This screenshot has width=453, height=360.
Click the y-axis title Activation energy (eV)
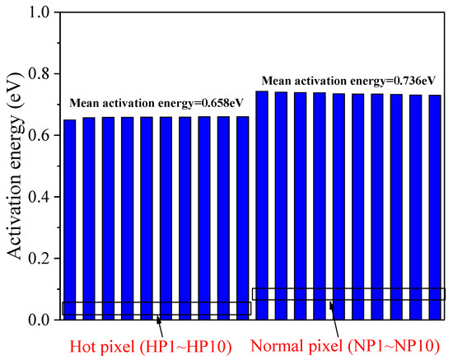click(x=16, y=166)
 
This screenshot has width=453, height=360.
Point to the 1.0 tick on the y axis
click(x=39, y=12)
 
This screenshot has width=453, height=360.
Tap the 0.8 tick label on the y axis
click(x=39, y=74)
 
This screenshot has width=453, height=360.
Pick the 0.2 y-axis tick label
click(x=39, y=259)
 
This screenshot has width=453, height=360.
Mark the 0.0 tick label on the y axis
click(x=39, y=320)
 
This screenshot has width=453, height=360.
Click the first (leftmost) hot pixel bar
click(x=70, y=219)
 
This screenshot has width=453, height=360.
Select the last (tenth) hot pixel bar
click(x=242, y=217)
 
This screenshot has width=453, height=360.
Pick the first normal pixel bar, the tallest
click(x=262, y=205)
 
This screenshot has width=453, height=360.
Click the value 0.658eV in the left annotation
click(x=202, y=104)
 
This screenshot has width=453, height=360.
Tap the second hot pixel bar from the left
click(x=89, y=218)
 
